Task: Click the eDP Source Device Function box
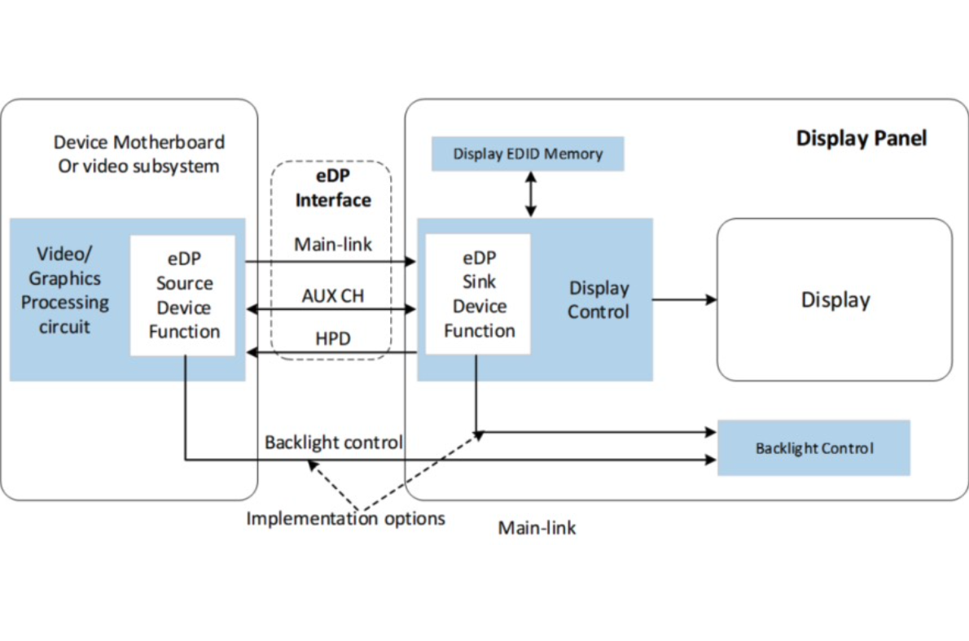click(183, 295)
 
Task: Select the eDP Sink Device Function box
click(479, 294)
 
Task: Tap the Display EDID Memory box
click(528, 154)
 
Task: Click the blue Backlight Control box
click(813, 447)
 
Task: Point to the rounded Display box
click(835, 299)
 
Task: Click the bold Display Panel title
click(861, 138)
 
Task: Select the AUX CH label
click(332, 296)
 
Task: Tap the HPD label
click(333, 338)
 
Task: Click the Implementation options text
click(346, 518)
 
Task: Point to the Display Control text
click(598, 299)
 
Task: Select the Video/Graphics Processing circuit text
click(64, 290)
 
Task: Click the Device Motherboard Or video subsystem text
click(138, 154)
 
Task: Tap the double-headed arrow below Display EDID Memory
click(531, 194)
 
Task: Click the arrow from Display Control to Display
click(684, 299)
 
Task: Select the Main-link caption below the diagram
click(537, 528)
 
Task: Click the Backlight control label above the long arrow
click(334, 443)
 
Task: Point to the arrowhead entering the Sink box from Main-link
click(411, 262)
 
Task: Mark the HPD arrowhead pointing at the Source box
click(252, 352)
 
